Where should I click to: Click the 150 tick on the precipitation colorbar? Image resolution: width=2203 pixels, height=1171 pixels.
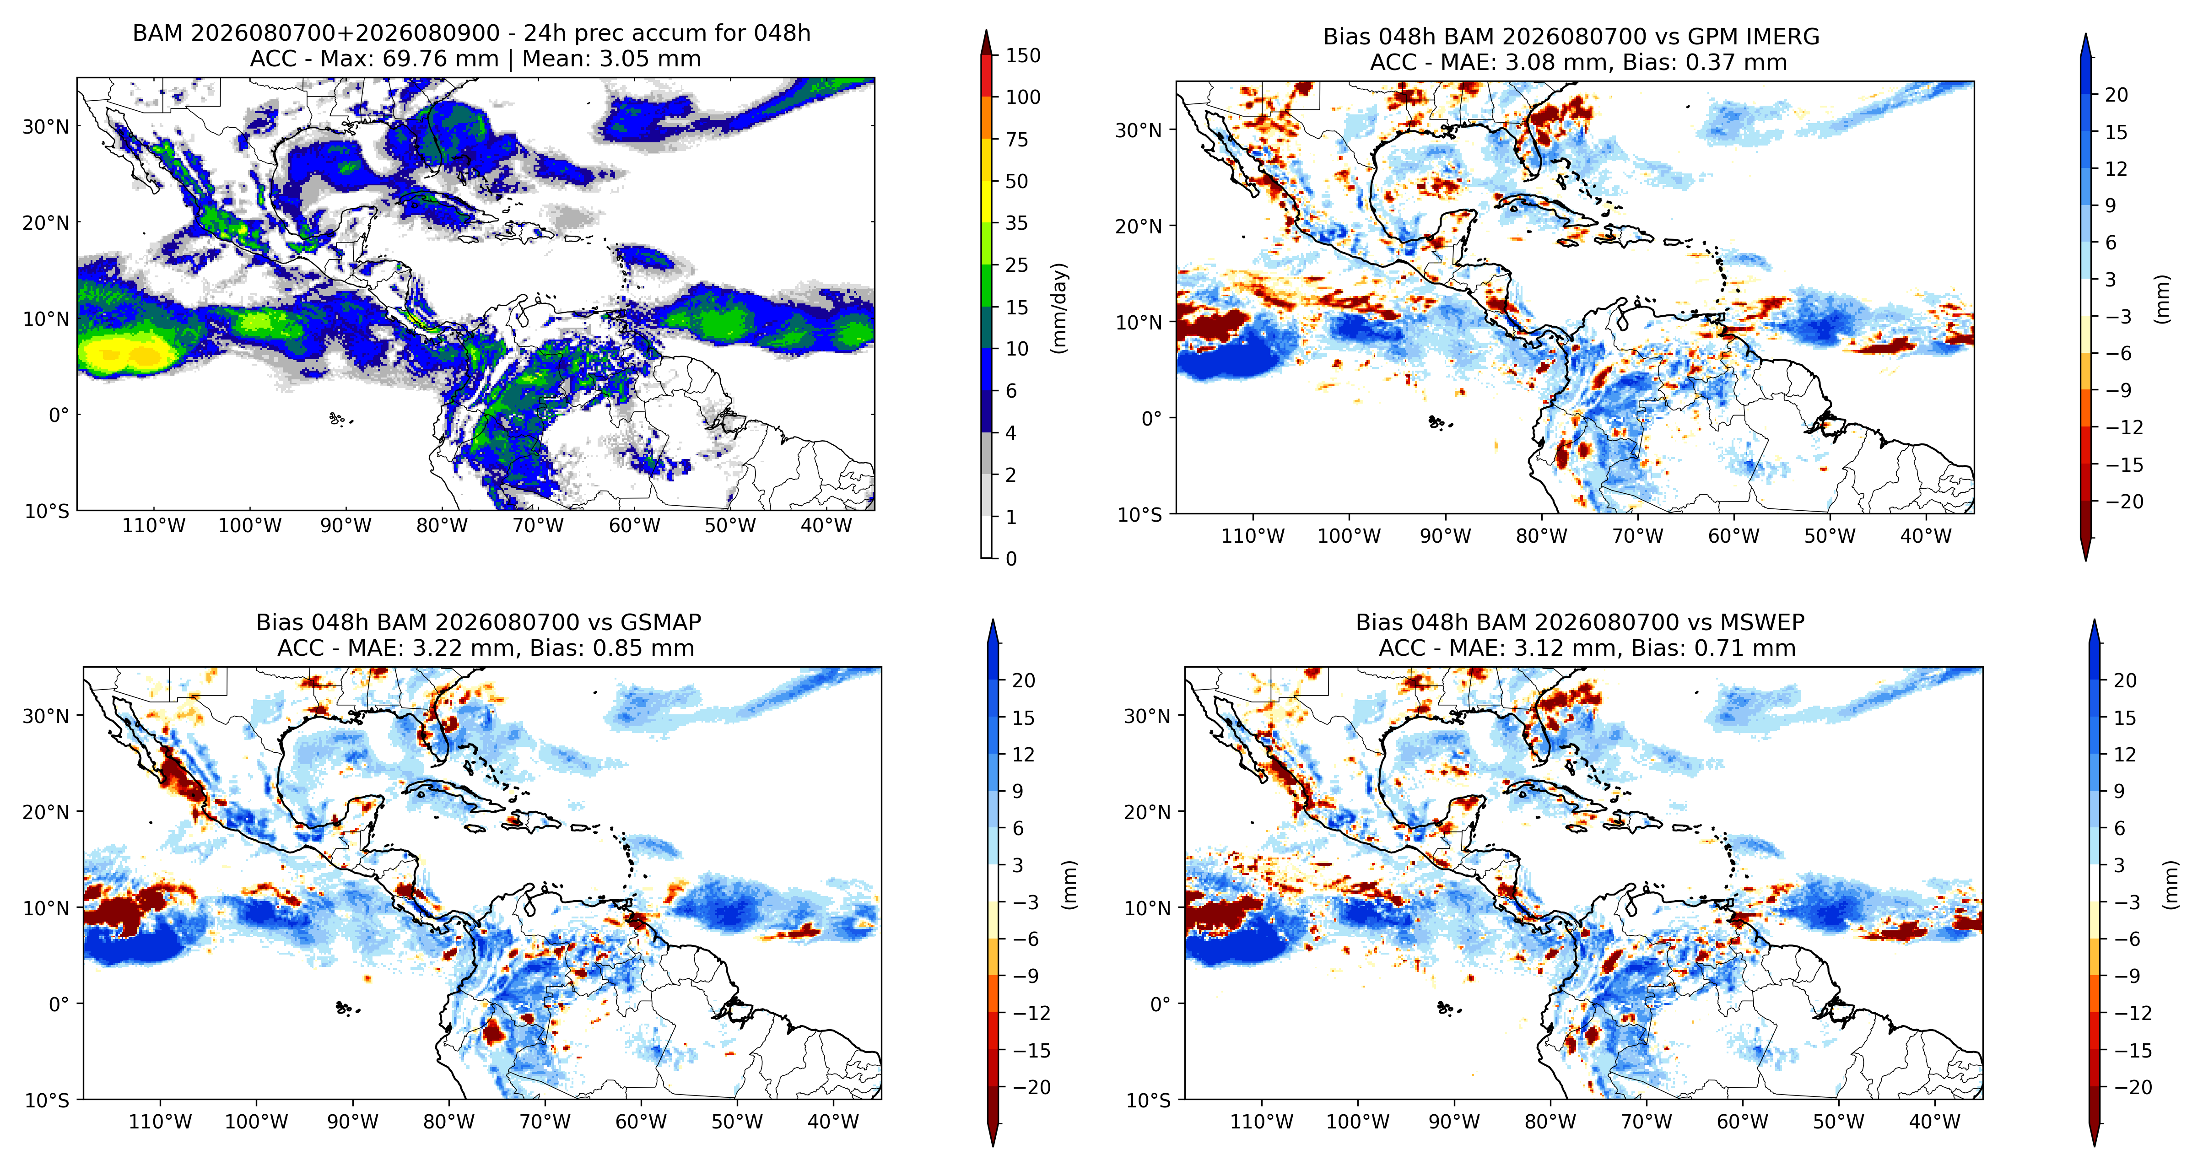click(x=1023, y=56)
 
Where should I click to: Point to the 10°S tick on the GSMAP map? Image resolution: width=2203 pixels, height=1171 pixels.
click(x=48, y=1100)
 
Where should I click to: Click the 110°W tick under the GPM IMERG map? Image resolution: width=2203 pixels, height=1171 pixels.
click(x=1253, y=536)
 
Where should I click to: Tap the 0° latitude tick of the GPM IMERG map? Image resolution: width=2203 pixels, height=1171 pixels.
click(x=1152, y=418)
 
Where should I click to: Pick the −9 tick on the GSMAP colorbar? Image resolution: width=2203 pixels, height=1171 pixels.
click(x=1026, y=976)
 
